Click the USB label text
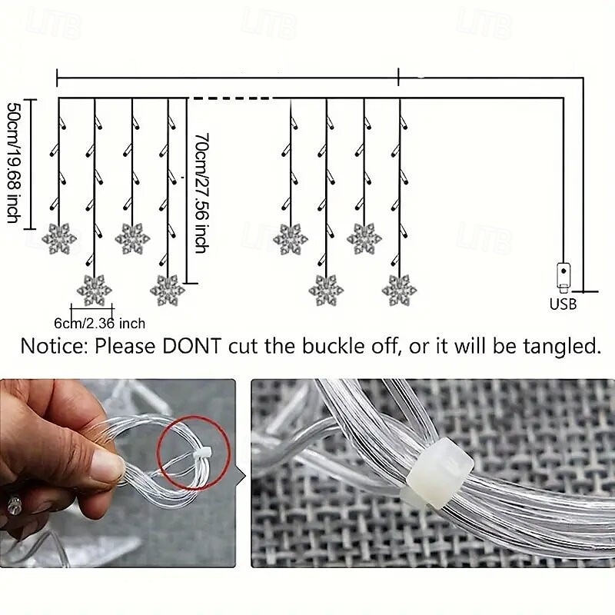coord(563,304)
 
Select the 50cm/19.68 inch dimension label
coord(13,163)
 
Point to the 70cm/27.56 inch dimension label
coord(201,193)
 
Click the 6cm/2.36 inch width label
coord(100,323)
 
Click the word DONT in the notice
coord(191,346)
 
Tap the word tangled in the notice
coord(562,347)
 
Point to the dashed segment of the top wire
coord(231,98)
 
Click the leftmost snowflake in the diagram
coord(59,238)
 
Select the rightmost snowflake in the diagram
coord(399,291)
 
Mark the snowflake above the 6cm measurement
coord(94,291)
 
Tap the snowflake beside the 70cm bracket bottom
coord(168,291)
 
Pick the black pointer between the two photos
coord(241,476)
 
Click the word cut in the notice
coord(243,347)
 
